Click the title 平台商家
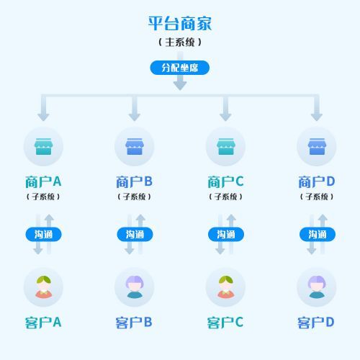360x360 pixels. point(180,23)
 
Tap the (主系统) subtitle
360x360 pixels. point(180,42)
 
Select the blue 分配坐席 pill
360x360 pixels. point(180,68)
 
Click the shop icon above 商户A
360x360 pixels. point(43,147)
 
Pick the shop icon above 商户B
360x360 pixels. point(135,147)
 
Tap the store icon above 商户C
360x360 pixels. point(225,147)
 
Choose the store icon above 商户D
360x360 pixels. point(317,147)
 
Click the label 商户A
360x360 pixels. point(43,181)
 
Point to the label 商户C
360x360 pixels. point(225,181)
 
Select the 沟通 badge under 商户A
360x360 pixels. point(43,234)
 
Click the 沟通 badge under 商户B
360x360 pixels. point(135,234)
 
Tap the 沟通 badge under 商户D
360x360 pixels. point(317,234)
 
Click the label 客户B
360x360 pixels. point(135,322)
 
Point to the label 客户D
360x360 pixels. point(317,322)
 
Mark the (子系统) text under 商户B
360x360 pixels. point(135,197)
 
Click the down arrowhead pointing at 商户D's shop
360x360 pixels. point(317,116)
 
